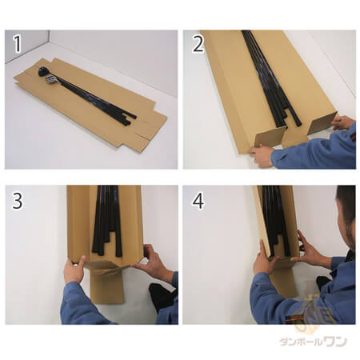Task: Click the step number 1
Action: click(x=17, y=44)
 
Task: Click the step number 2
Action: click(x=198, y=44)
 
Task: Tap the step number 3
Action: click(x=18, y=201)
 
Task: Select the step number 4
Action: click(x=198, y=201)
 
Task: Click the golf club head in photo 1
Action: click(x=43, y=71)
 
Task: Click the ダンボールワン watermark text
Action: click(x=313, y=342)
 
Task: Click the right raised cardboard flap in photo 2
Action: click(x=322, y=123)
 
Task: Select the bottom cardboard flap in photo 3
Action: click(x=106, y=286)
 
